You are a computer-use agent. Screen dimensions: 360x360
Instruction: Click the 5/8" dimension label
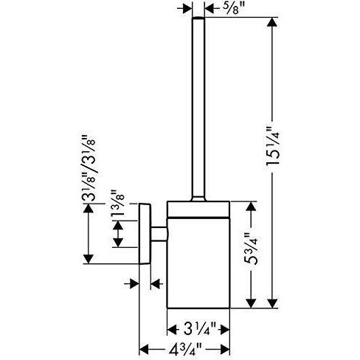pyautogui.click(x=231, y=9)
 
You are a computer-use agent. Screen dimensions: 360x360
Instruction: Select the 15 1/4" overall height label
pyautogui.click(x=273, y=148)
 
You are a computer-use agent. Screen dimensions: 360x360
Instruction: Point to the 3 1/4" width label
pyautogui.click(x=199, y=329)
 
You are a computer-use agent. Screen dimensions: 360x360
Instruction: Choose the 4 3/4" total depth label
pyautogui.click(x=184, y=349)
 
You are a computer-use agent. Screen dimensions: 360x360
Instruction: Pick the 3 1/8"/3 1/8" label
pyautogui.click(x=88, y=168)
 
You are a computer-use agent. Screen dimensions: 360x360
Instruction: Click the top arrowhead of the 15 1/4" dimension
pyautogui.click(x=271, y=22)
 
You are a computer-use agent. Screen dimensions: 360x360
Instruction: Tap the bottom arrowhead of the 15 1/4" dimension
pyautogui.click(x=272, y=303)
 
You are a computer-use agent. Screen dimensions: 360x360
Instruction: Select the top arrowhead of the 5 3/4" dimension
pyautogui.click(x=251, y=206)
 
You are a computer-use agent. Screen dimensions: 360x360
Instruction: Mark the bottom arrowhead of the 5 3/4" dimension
pyautogui.click(x=251, y=303)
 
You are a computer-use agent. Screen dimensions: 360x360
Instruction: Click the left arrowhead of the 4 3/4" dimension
pyautogui.click(x=144, y=349)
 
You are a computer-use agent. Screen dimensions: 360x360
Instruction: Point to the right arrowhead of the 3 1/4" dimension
pyautogui.click(x=225, y=329)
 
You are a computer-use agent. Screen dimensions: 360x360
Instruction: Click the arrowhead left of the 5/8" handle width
pyautogui.click(x=187, y=9)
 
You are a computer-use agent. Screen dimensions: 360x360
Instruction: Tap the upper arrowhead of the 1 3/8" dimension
pyautogui.click(x=118, y=226)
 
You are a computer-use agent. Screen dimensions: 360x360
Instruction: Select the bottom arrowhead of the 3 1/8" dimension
pyautogui.click(x=89, y=259)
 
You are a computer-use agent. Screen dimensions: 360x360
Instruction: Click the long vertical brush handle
pyautogui.click(x=198, y=108)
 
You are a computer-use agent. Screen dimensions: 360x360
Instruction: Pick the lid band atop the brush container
pyautogui.click(x=198, y=210)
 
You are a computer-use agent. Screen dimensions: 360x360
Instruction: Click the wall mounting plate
pyautogui.click(x=145, y=234)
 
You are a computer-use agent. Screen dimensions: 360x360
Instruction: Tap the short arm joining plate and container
pyautogui.click(x=159, y=234)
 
